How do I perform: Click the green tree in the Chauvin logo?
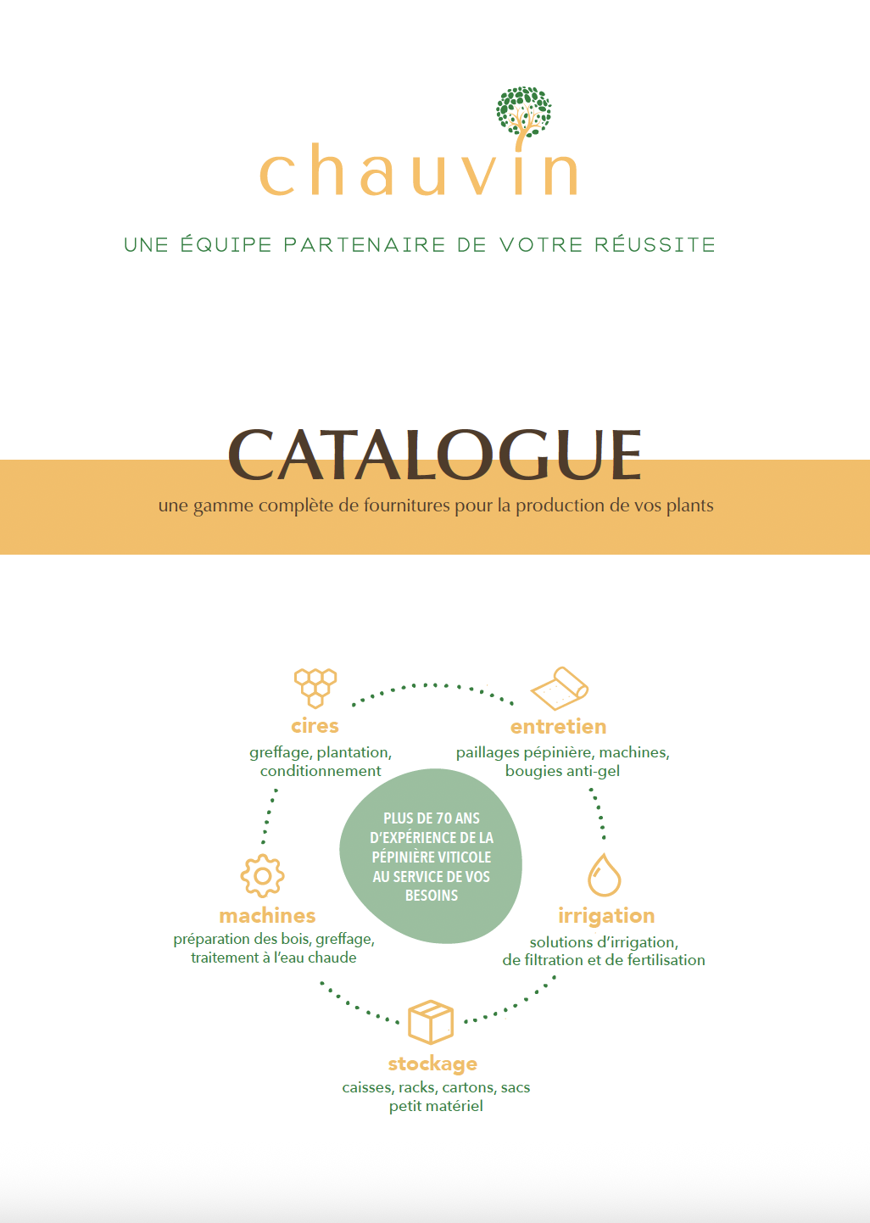click(523, 114)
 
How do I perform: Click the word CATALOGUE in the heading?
click(434, 455)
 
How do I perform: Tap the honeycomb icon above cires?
click(315, 688)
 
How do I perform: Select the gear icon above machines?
click(263, 876)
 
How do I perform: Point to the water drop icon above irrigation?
click(605, 874)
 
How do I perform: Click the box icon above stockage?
click(431, 1022)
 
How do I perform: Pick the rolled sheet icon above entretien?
click(560, 688)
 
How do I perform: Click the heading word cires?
click(315, 726)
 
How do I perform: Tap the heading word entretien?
click(558, 727)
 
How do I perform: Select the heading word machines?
click(267, 916)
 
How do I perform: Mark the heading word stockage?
click(432, 1064)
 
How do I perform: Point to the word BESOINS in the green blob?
click(432, 896)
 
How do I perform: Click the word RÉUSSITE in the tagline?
click(655, 244)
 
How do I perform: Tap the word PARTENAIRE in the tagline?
click(365, 244)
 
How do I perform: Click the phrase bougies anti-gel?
click(562, 771)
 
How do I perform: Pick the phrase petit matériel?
click(436, 1106)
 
